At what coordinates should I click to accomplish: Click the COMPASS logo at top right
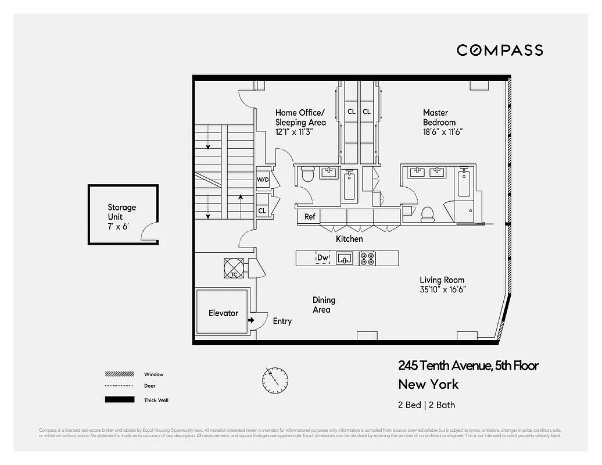click(x=500, y=50)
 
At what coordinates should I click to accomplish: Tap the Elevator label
click(x=223, y=313)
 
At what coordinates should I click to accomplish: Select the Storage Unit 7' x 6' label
click(x=122, y=217)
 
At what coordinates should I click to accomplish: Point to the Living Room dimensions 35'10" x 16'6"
click(x=443, y=289)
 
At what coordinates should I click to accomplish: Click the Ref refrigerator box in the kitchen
click(x=310, y=217)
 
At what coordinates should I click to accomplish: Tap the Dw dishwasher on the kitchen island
click(x=322, y=257)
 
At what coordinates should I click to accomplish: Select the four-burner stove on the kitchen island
click(x=367, y=258)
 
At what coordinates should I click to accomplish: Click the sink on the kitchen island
click(x=345, y=258)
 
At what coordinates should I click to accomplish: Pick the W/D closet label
click(x=263, y=180)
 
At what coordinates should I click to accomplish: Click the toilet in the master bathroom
click(x=427, y=214)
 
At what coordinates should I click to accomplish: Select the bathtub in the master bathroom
click(x=464, y=183)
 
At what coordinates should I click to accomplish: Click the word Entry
click(x=282, y=321)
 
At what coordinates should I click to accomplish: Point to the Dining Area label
click(x=324, y=305)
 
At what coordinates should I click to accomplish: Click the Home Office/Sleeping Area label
click(x=300, y=122)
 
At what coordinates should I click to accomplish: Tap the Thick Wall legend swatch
click(x=119, y=400)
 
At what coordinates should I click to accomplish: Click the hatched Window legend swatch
click(x=119, y=374)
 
